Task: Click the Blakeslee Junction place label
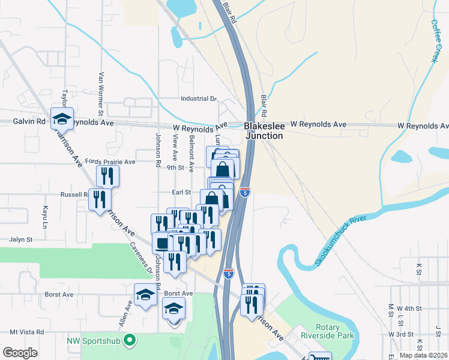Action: pyautogui.click(x=263, y=131)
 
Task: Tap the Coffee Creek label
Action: pyautogui.click(x=435, y=41)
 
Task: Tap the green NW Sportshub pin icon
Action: pyautogui.click(x=128, y=341)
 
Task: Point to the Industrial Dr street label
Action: pyautogui.click(x=198, y=98)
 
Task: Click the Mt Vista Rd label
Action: pyautogui.click(x=26, y=331)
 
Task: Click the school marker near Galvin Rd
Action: pyautogui.click(x=62, y=118)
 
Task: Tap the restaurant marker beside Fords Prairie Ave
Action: pyautogui.click(x=108, y=176)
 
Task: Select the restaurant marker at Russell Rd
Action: pyautogui.click(x=100, y=198)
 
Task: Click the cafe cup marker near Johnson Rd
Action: pyautogui.click(x=162, y=242)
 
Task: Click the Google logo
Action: pyautogui.click(x=20, y=353)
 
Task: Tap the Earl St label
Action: pyautogui.click(x=181, y=192)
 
